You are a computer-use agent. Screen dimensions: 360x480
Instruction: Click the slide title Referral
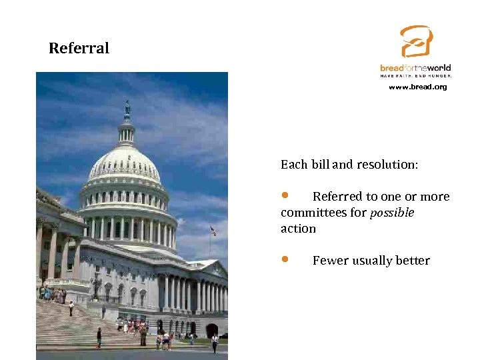pos(79,49)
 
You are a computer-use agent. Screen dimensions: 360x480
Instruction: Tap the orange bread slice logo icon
pos(417,42)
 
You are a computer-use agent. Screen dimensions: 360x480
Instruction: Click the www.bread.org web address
pos(417,87)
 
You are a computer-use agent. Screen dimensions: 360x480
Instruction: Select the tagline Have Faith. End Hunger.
pos(415,76)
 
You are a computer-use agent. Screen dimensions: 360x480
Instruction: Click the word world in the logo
pos(438,68)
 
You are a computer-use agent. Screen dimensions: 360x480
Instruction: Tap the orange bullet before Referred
pos(285,195)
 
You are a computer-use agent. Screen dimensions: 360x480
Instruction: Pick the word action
pos(298,229)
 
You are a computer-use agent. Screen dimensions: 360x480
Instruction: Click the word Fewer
pos(331,261)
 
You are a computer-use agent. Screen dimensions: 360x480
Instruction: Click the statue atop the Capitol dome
pos(127,107)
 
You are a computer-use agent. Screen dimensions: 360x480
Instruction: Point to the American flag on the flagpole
pos(213,231)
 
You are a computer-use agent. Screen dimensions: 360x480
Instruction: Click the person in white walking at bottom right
pos(215,342)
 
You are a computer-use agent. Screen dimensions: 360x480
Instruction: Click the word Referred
pos(337,197)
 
